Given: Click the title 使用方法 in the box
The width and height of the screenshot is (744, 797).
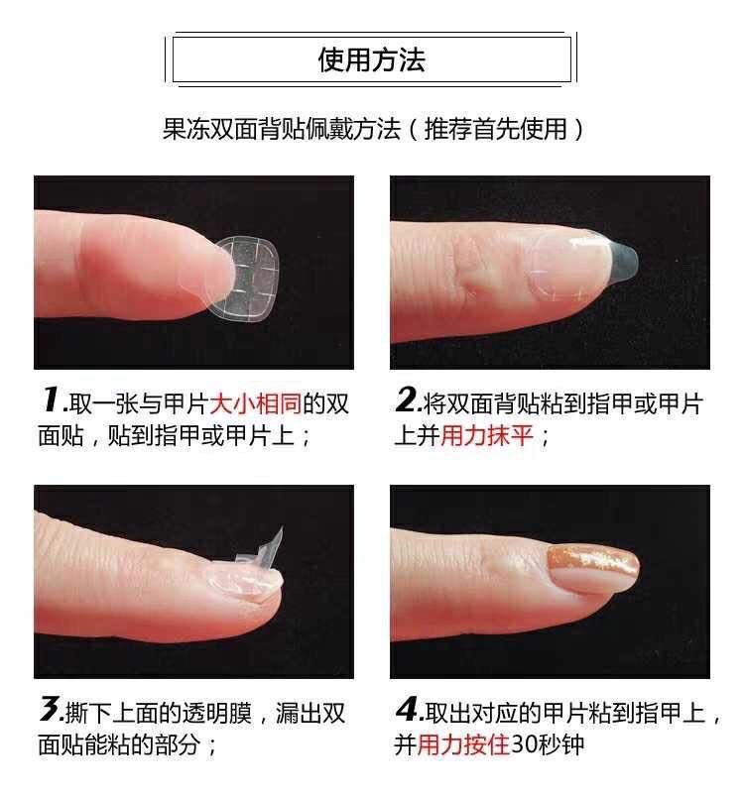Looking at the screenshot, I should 371,60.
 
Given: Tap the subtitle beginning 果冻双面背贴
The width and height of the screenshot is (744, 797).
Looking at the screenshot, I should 372,129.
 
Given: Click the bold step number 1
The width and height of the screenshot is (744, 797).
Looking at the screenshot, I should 49,400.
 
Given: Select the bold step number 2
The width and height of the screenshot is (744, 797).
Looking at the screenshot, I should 406,400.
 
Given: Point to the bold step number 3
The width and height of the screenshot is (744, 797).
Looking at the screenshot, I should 49,710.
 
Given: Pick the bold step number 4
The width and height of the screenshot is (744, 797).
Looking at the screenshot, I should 407,710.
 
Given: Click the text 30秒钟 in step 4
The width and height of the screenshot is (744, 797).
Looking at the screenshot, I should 548,744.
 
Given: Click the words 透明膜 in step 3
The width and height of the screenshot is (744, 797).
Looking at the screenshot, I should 221,713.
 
